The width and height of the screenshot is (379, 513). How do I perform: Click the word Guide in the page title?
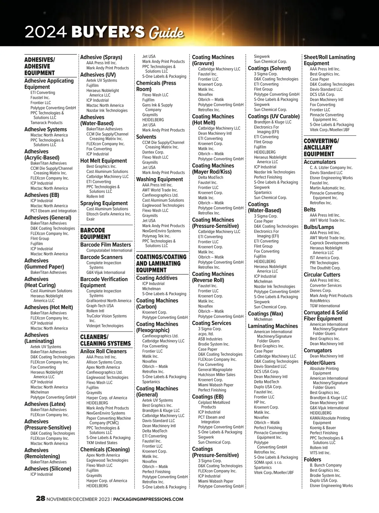pos(166,33)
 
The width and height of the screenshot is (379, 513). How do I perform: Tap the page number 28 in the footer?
pos(40,499)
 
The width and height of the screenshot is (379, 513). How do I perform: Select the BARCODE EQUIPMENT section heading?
pos(95,233)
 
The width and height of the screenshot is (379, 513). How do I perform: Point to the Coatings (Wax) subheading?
pos(265,314)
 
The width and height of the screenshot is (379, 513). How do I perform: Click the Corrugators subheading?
pos(318,351)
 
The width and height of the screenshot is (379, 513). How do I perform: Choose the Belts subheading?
pos(310,209)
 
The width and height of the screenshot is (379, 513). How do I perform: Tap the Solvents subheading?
pos(146,137)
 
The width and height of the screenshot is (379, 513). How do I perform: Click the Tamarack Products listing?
pos(46,123)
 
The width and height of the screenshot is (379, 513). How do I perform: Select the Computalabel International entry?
pos(109,251)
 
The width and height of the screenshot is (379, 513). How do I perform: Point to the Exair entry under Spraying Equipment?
pos(91,219)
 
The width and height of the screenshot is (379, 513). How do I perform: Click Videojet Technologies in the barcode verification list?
pos(105,326)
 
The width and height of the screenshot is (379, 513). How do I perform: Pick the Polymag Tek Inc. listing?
pos(156,236)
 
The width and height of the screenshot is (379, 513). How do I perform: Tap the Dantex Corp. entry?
pos(153,152)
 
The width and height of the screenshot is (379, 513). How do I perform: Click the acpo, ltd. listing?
pos(206,334)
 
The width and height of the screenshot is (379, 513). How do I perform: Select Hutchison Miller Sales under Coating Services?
pos(217,375)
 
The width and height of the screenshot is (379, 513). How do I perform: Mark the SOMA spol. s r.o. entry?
pos(268,463)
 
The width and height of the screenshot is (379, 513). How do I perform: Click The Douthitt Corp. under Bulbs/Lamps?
pos(325,268)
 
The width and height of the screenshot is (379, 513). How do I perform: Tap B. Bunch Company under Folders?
pos(326,465)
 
